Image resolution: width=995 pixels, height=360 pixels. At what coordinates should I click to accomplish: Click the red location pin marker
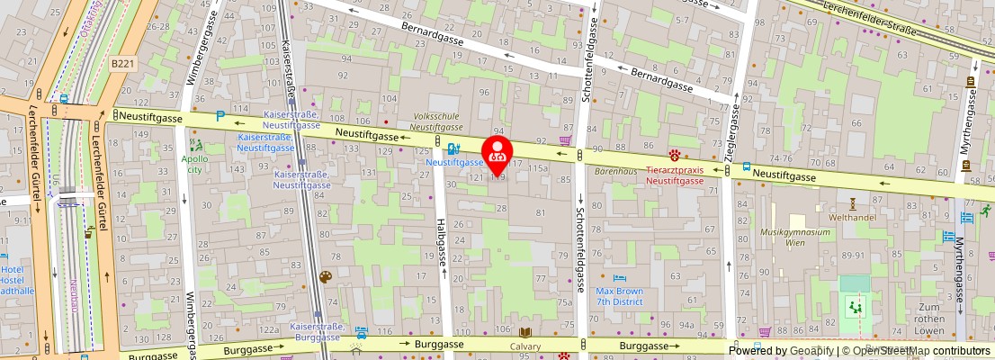(497, 154)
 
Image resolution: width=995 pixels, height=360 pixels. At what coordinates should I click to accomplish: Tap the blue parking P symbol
(220, 117)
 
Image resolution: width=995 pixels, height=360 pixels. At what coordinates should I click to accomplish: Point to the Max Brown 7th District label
(619, 296)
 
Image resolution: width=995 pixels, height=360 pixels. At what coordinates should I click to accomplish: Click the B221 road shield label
(124, 64)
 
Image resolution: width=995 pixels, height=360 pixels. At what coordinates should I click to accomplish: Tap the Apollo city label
(194, 164)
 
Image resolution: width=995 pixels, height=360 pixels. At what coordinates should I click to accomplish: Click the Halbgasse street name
(441, 243)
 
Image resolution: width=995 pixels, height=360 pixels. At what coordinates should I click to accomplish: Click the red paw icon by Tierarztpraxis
(674, 154)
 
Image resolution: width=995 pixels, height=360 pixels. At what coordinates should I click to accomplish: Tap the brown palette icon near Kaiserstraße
(325, 277)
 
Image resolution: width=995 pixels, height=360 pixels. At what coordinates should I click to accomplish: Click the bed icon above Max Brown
(619, 277)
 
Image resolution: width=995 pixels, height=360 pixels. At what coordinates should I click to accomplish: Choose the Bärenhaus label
(616, 169)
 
